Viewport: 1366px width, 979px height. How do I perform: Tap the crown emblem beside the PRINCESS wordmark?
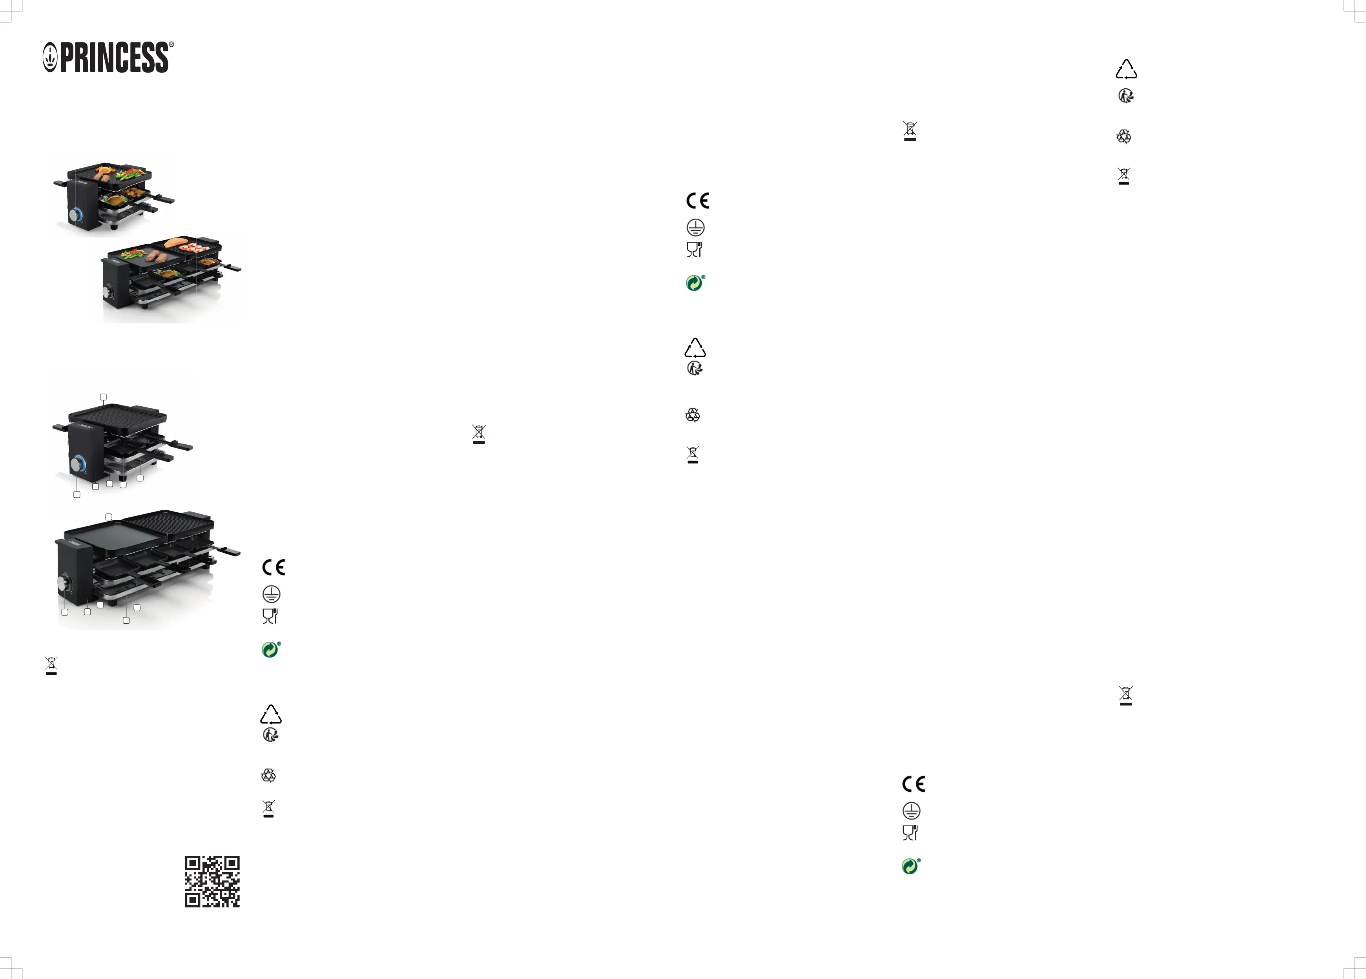[50, 58]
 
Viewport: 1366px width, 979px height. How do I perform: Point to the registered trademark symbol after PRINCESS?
[171, 45]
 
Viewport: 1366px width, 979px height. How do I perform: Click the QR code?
[212, 881]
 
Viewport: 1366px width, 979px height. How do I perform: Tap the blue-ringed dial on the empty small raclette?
[78, 465]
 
